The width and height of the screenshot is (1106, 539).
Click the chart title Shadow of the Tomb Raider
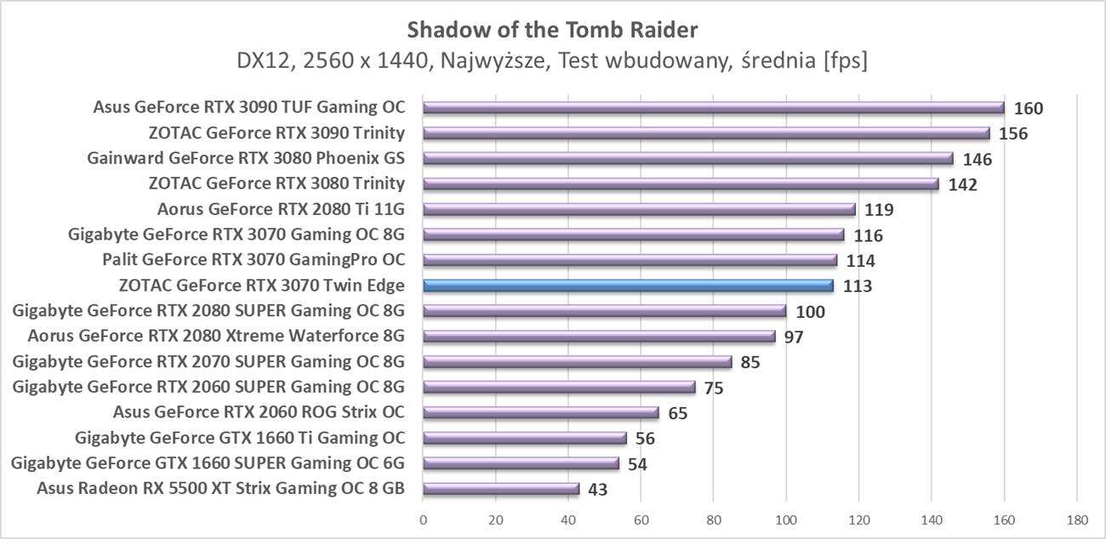552,31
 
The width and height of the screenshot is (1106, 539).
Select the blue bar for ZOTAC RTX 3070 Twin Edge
628,286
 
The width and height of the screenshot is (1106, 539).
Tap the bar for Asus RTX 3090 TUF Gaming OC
713,107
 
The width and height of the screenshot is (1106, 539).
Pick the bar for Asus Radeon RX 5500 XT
500,489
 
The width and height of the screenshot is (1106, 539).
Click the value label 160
1028,108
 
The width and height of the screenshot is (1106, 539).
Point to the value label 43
597,490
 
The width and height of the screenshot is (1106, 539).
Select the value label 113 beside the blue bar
857,287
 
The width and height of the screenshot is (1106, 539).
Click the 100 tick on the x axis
786,519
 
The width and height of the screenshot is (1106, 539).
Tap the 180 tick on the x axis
1076,519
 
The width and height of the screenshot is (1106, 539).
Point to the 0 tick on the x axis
423,519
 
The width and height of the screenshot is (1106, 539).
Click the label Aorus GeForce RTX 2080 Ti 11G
281,209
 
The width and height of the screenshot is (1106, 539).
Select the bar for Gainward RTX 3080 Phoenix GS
687,158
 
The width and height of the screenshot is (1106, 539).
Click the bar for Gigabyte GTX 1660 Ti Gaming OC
524,438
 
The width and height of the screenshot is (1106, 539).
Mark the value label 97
793,338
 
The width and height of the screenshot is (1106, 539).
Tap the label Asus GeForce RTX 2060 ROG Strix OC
259,412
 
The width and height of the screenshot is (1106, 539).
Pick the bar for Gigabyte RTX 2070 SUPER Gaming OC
577,361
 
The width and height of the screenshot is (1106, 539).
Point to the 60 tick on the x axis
641,519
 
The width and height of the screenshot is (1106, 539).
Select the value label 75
713,389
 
